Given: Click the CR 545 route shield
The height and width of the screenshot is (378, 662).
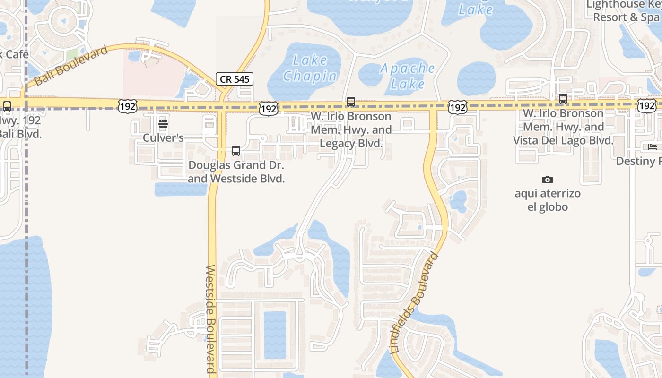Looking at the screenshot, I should click(235, 79).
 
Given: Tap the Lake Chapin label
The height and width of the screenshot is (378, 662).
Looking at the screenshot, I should click(310, 68).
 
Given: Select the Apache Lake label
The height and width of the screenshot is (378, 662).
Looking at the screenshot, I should click(408, 76).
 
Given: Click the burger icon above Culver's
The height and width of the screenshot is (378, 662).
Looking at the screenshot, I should click(163, 124).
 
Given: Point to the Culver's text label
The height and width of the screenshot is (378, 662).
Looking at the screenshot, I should click(163, 138).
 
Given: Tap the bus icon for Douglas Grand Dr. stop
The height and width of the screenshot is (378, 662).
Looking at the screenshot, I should click(235, 151).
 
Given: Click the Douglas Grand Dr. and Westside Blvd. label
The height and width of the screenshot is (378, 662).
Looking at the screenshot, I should click(236, 172).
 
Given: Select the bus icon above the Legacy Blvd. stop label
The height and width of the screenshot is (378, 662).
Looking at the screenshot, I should click(350, 102).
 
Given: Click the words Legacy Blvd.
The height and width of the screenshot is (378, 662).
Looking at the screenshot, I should click(351, 143).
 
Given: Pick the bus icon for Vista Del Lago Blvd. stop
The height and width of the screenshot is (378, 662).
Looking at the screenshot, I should click(563, 99).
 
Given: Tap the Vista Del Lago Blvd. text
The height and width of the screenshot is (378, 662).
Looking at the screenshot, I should click(563, 140).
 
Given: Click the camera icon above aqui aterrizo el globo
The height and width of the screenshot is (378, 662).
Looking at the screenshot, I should click(548, 180).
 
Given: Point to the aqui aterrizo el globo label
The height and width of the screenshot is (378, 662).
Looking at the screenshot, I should click(548, 200).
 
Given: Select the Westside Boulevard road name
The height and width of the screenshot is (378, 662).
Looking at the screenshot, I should click(210, 319).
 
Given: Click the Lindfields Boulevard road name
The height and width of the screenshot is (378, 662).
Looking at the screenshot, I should click(415, 304).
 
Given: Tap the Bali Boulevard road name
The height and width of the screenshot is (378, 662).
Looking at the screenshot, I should click(71, 66).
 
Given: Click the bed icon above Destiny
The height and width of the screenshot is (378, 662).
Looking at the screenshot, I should click(653, 147).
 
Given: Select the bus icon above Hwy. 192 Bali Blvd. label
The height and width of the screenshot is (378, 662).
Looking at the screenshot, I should click(7, 106).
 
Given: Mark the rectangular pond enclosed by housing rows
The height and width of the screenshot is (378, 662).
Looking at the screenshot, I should click(275, 335).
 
